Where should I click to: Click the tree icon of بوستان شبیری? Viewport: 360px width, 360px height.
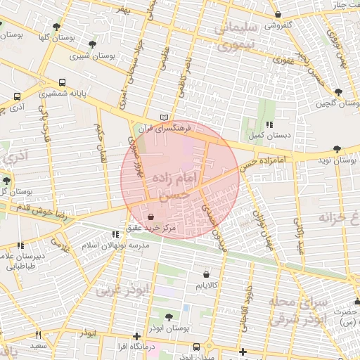click(92, 44)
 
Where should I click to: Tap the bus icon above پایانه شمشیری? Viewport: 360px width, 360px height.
click(63, 82)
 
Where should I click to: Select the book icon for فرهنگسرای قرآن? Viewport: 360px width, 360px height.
click(165, 117)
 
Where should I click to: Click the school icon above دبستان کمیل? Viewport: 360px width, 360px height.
click(269, 124)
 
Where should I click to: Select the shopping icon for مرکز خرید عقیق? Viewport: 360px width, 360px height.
click(152, 216)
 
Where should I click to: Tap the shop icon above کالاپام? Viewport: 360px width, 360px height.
click(206, 274)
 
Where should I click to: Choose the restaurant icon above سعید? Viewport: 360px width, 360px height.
click(39, 335)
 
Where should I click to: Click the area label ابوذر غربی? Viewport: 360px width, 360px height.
click(122, 290)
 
